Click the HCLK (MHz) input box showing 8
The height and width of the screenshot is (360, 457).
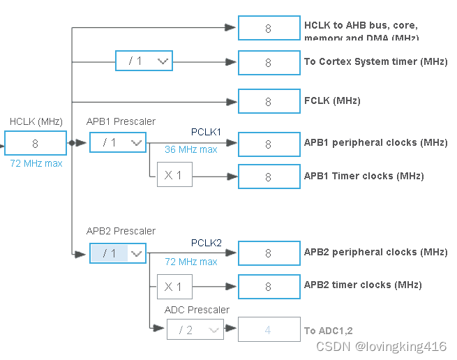(x=36, y=144)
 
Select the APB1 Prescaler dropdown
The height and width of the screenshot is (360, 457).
(x=117, y=142)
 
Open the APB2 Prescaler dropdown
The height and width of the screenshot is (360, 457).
(x=117, y=253)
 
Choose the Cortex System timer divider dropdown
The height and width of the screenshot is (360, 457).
(x=144, y=61)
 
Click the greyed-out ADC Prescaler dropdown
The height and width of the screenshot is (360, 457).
(x=195, y=330)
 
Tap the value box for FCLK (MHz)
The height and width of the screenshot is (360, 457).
(x=268, y=102)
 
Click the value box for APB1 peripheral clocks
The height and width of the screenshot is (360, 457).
(x=268, y=144)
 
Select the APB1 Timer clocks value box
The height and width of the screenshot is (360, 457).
(x=268, y=177)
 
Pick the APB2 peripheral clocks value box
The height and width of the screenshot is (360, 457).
(x=268, y=253)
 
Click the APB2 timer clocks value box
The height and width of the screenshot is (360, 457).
(x=268, y=286)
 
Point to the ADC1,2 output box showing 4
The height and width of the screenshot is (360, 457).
(x=268, y=330)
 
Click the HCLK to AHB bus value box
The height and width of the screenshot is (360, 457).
(x=268, y=29)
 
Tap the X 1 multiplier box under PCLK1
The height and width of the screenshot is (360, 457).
(x=174, y=175)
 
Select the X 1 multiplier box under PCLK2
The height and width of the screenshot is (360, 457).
(x=174, y=286)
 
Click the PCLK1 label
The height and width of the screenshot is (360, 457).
(x=206, y=132)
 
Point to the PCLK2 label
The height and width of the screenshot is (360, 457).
(x=206, y=243)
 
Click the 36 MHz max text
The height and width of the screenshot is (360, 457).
(x=190, y=149)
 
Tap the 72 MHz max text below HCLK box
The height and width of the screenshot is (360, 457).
(x=36, y=163)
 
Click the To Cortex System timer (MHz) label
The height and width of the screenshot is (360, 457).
(x=375, y=61)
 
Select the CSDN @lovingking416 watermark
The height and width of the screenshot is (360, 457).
(x=381, y=346)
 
